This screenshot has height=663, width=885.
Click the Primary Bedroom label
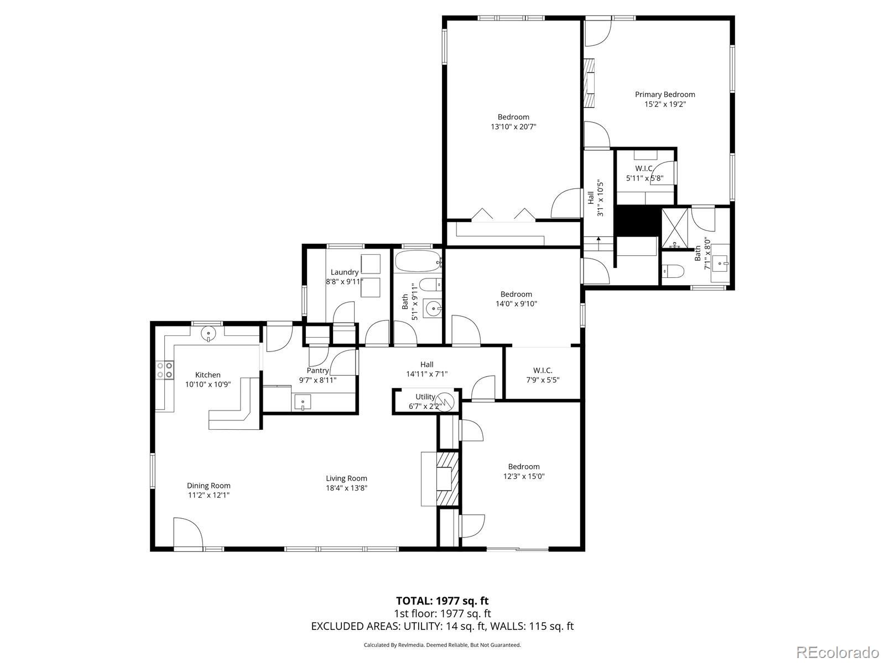click(664, 94)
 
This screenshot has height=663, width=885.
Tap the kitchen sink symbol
click(209, 333)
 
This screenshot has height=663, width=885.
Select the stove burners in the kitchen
click(164, 370)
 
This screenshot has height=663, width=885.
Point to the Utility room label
click(425, 397)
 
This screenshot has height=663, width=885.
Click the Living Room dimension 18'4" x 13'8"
click(346, 488)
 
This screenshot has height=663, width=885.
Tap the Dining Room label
click(209, 486)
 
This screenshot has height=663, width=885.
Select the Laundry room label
click(344, 272)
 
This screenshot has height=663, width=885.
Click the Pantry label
click(317, 370)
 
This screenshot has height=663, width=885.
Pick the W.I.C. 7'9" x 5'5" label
click(543, 370)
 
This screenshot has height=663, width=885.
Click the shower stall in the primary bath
click(676, 228)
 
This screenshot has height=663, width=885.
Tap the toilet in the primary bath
click(673, 271)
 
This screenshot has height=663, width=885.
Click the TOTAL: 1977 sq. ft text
click(442, 601)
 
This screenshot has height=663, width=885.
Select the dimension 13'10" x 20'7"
click(513, 127)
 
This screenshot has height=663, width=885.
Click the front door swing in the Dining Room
click(188, 533)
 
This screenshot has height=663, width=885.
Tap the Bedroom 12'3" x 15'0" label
click(524, 466)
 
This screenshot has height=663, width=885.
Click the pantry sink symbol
click(303, 402)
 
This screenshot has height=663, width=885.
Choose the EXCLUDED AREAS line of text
click(442, 626)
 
